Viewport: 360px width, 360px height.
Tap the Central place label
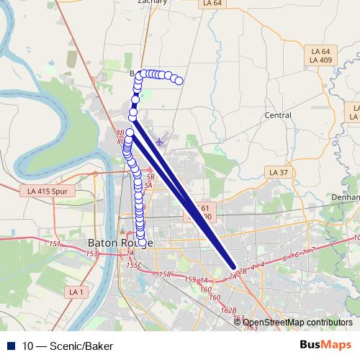click(x=277, y=115)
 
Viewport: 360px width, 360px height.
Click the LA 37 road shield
click(x=278, y=173)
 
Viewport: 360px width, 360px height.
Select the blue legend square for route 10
click(x=12, y=346)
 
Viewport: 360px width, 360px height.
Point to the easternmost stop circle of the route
click(x=179, y=81)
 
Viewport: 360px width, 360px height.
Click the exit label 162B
click(x=228, y=310)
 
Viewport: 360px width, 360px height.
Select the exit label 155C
click(x=134, y=266)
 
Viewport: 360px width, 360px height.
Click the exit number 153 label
click(x=91, y=254)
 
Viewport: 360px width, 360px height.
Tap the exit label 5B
click(x=150, y=176)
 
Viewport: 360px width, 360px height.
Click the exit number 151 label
click(x=55, y=244)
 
